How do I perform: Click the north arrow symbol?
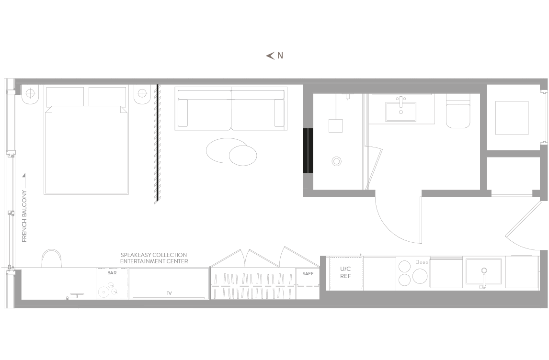tap(270, 56)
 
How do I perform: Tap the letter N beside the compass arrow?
tap(280, 56)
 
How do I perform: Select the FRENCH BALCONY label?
tap(24, 216)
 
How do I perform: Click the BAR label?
tap(112, 272)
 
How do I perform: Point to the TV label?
tap(169, 293)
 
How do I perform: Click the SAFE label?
tap(308, 273)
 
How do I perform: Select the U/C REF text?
tap(345, 272)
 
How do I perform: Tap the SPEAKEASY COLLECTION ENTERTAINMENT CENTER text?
tap(154, 258)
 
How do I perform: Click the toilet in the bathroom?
tap(458, 111)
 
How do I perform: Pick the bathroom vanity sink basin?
tap(401, 111)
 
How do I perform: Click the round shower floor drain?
tap(336, 161)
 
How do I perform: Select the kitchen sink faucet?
tap(484, 279)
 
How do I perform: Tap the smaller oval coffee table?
tap(242, 155)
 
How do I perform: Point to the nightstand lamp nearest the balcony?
tap(30, 93)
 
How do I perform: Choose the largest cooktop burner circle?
tap(420, 276)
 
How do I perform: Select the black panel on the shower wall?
tap(308, 151)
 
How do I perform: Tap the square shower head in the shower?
tap(335, 126)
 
